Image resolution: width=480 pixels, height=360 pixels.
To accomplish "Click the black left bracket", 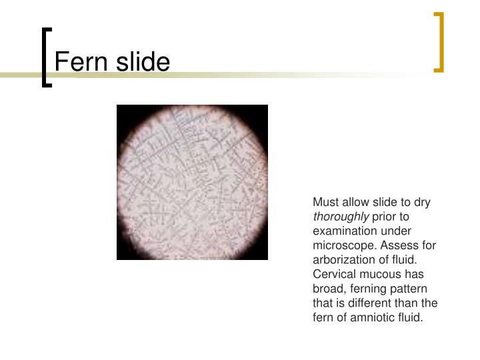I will pyautogui.click(x=46, y=57).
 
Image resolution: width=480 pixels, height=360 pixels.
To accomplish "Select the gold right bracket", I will pyautogui.click(x=439, y=41).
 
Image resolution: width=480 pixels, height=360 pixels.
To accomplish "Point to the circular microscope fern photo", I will pyautogui.click(x=192, y=182).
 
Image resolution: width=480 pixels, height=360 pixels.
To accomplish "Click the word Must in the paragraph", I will pyautogui.click(x=325, y=201).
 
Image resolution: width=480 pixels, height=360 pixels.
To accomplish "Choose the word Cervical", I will pyautogui.click(x=333, y=275).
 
